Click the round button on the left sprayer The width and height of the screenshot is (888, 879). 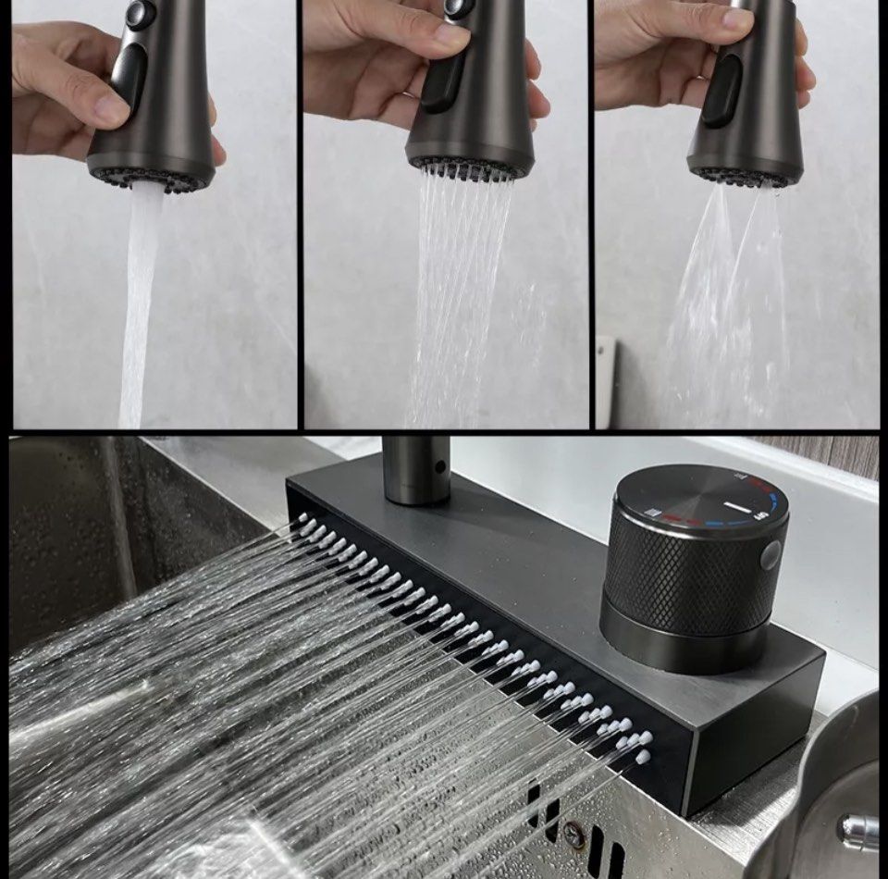(x=141, y=13)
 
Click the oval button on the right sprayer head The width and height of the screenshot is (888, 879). (x=722, y=90)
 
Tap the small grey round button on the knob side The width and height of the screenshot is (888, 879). (x=770, y=555)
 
